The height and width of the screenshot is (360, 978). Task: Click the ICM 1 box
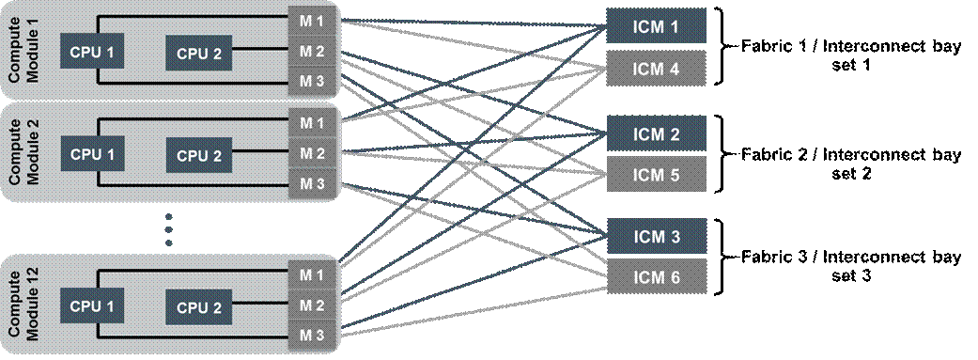pos(656,25)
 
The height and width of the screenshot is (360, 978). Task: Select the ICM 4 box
pos(656,68)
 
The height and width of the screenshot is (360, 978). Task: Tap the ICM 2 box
pos(656,133)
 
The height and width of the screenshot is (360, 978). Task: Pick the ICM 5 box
pos(656,174)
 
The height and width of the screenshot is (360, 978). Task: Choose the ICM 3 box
pos(656,237)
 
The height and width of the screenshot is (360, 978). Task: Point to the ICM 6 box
pos(656,276)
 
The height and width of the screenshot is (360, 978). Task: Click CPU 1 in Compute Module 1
pos(92,52)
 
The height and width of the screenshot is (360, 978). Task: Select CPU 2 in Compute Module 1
pos(199,53)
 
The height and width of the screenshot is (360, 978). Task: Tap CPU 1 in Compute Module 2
pos(92,154)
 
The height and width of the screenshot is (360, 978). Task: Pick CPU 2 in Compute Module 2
pos(199,155)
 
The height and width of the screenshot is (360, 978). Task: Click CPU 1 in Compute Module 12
pos(92,306)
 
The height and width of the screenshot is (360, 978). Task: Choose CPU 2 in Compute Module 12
pos(199,307)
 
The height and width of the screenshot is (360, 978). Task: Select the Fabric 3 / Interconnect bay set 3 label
pos(851,266)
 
